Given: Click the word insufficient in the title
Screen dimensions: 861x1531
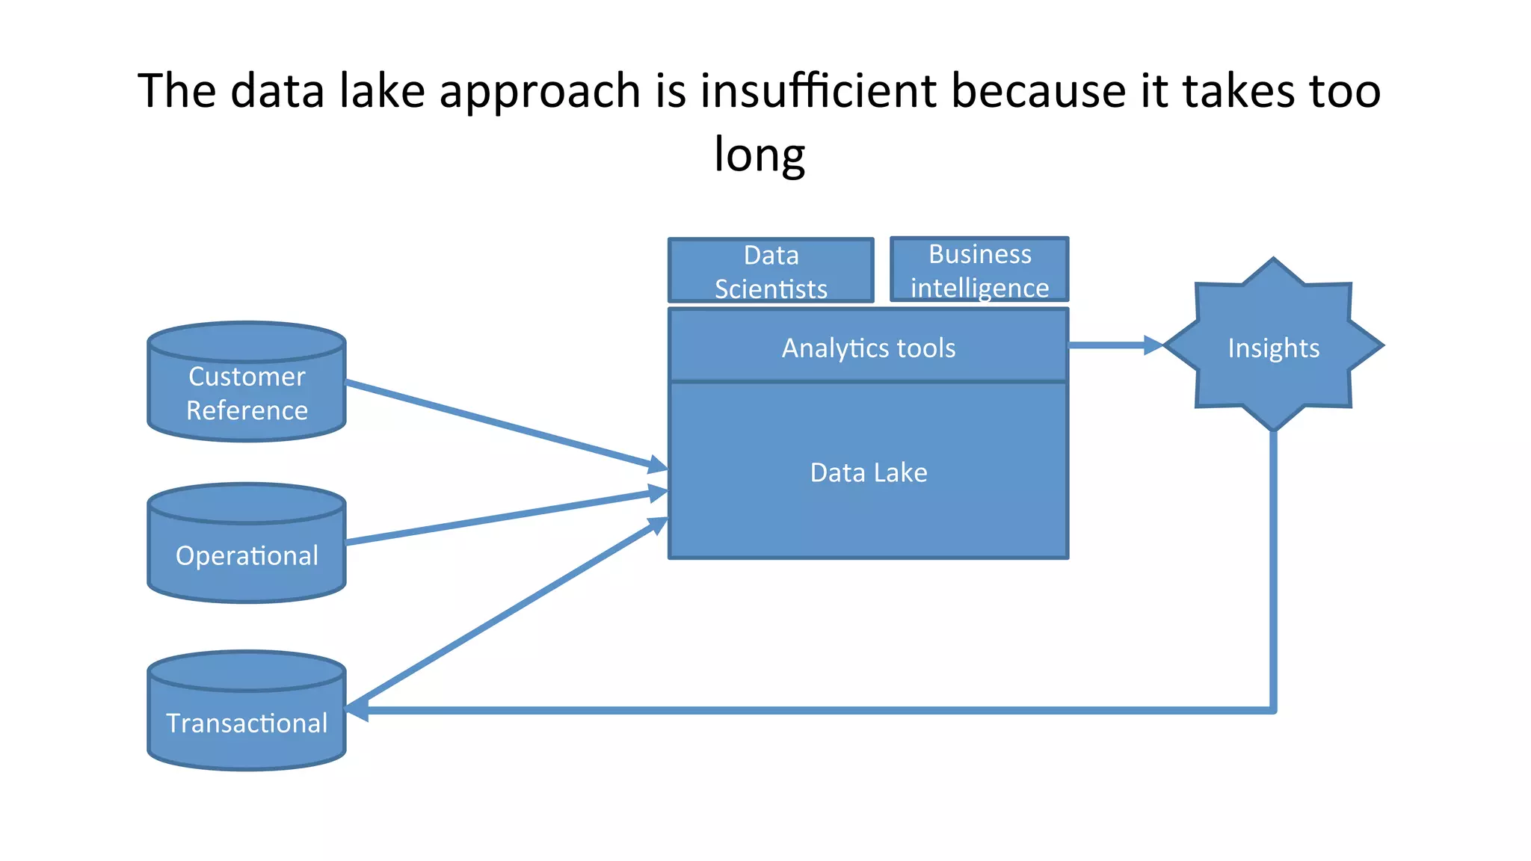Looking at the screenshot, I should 818,90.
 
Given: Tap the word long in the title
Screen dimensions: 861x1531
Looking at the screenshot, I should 760,154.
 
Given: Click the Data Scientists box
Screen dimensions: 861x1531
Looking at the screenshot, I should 771,271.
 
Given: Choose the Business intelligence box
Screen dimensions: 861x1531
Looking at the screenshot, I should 979,270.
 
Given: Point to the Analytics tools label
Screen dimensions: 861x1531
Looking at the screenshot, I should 868,348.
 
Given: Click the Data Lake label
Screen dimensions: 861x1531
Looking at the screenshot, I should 868,472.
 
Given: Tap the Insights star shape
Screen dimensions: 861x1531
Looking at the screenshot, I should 1273,346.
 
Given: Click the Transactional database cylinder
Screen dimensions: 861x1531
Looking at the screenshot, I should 247,722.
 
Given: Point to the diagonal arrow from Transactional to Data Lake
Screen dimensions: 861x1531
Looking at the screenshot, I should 508,613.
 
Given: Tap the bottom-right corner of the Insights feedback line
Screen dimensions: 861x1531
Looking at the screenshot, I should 1273,710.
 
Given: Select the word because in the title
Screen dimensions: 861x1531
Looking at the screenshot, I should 1038,90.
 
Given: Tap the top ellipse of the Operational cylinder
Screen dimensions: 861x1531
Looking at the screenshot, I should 247,502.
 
